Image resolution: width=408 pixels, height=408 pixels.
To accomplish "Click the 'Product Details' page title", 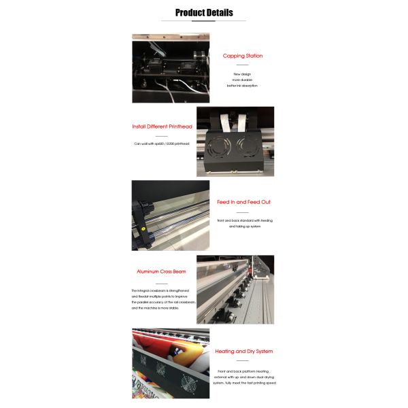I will click(x=204, y=12).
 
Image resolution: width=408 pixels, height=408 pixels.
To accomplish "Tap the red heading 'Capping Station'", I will click(x=243, y=56).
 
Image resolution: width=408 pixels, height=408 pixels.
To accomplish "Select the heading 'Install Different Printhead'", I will click(x=162, y=126).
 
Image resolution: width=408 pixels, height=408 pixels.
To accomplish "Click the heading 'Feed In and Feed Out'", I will click(x=243, y=202).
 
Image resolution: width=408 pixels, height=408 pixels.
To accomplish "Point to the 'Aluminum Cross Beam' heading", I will click(x=161, y=271).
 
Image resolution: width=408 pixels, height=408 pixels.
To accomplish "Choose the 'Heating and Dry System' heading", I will click(x=243, y=352).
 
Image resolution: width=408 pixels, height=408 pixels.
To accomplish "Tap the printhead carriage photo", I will click(x=235, y=141).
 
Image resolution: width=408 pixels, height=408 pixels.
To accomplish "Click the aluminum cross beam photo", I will click(x=235, y=290).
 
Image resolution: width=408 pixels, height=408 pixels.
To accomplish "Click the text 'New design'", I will click(x=242, y=73).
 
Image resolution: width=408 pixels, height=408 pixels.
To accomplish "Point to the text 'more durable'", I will click(x=242, y=80).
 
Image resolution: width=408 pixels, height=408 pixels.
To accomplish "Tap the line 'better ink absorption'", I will click(x=242, y=86).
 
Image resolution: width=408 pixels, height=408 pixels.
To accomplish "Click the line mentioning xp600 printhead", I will click(x=163, y=143).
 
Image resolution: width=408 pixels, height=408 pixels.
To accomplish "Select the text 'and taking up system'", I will click(x=244, y=226).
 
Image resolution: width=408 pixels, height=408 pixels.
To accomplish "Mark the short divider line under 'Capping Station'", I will click(x=243, y=65).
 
